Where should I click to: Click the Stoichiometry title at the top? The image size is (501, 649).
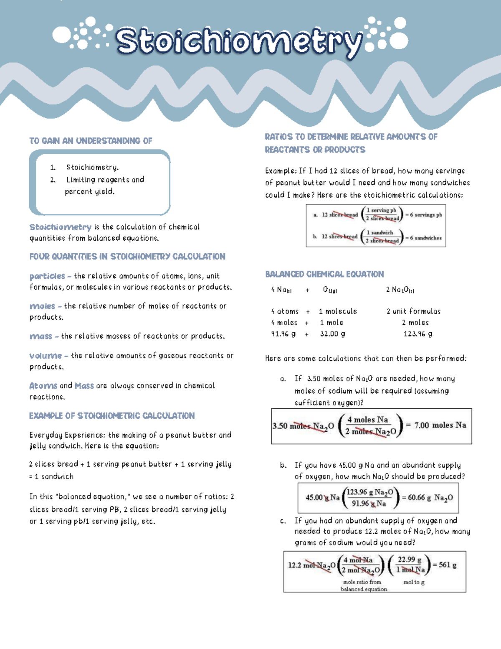(238, 42)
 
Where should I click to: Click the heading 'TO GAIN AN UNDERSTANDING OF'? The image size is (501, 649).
(91, 141)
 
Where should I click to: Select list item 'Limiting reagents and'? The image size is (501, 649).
(105, 180)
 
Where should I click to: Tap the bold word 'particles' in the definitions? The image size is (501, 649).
(47, 276)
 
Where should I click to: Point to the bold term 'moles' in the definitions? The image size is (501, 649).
(42, 306)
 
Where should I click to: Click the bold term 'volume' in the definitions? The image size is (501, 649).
(46, 356)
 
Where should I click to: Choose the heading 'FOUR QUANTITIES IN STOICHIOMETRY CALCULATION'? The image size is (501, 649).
(127, 257)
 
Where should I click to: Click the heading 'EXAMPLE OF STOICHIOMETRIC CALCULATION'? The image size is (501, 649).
(112, 416)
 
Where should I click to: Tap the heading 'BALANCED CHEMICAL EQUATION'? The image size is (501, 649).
(324, 275)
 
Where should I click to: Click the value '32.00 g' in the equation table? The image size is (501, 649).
(332, 334)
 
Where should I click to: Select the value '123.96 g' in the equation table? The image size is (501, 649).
(417, 334)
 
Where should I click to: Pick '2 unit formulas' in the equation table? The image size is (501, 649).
(413, 311)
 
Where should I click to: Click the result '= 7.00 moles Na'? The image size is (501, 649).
(436, 425)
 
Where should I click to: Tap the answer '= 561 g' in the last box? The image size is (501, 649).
(445, 565)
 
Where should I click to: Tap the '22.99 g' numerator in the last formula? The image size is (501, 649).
(409, 560)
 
